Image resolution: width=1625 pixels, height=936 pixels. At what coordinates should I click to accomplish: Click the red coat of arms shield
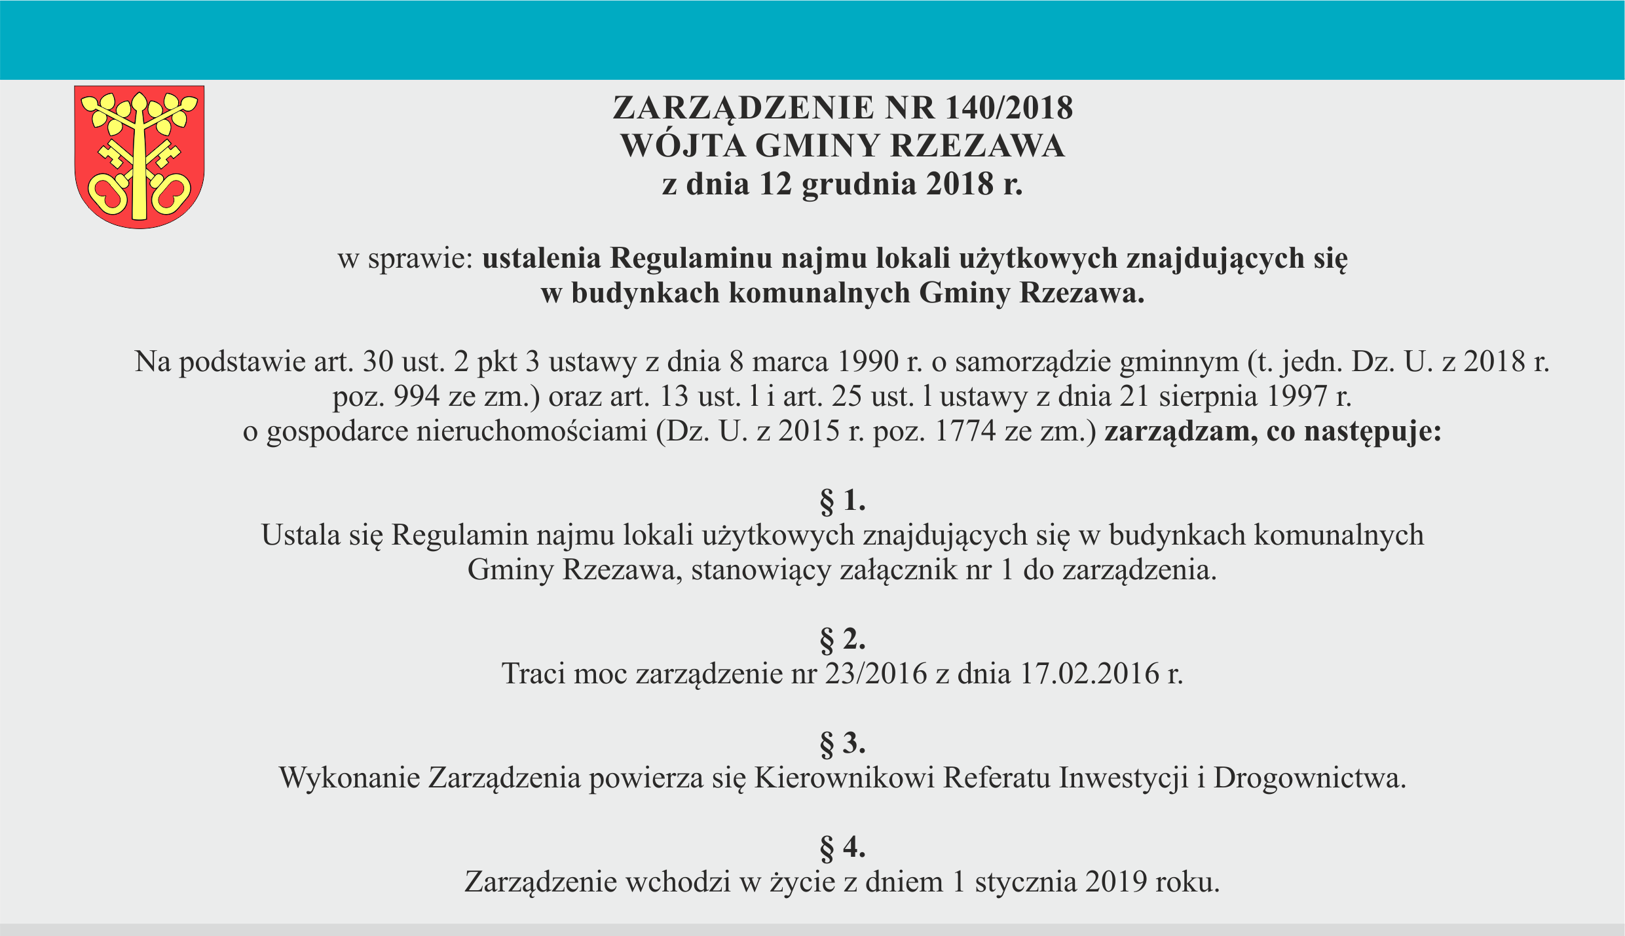[139, 157]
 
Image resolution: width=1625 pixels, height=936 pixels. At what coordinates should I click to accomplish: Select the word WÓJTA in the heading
[682, 145]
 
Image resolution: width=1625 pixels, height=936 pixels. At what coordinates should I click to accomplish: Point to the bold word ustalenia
[542, 259]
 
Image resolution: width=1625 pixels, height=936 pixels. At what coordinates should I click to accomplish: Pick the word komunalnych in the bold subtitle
[819, 293]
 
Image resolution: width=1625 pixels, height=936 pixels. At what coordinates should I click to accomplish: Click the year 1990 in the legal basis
[868, 361]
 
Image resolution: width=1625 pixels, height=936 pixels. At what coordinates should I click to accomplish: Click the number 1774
[965, 431]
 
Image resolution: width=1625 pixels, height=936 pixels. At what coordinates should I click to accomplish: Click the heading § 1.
[842, 501]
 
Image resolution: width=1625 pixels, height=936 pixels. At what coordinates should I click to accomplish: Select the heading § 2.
[842, 639]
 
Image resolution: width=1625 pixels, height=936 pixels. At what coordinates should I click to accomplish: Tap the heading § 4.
[842, 848]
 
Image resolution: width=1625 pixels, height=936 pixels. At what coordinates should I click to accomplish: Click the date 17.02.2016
[1090, 674]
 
